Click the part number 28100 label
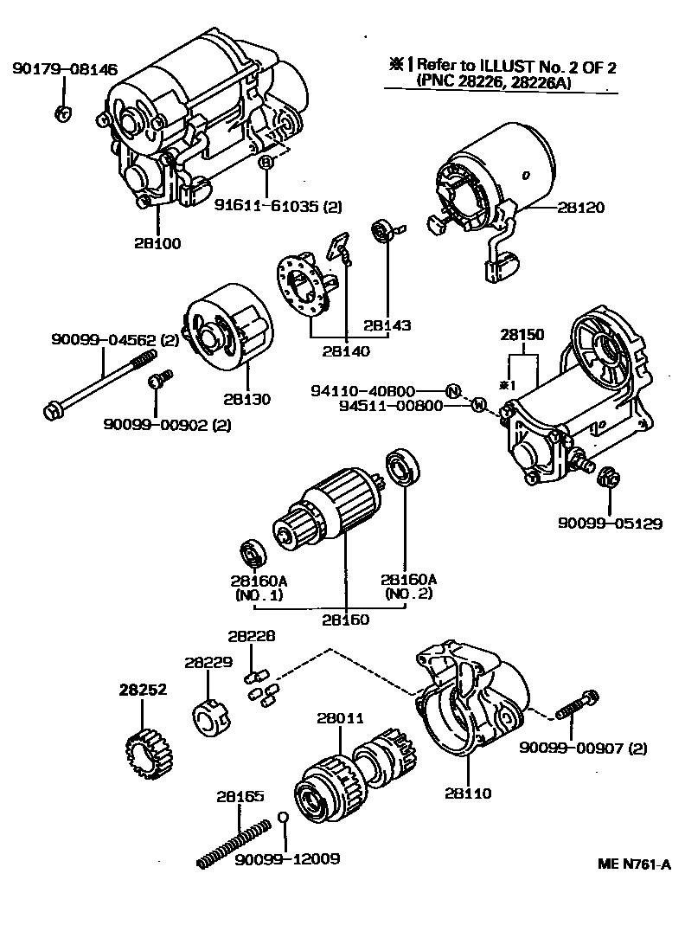click(x=157, y=244)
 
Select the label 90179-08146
click(x=65, y=70)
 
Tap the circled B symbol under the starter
click(x=266, y=162)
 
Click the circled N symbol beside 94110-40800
click(x=452, y=390)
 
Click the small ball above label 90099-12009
click(x=283, y=818)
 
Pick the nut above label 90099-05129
click(x=607, y=475)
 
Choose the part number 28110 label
click(x=467, y=793)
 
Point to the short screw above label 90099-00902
click(x=160, y=381)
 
